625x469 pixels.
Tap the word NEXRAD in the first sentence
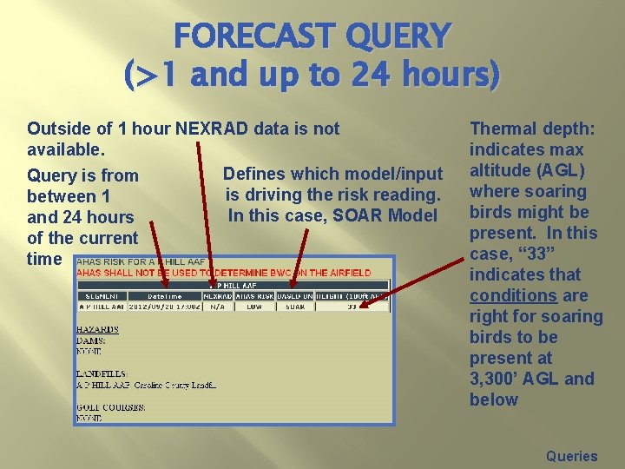[212, 129]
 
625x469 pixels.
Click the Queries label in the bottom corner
[571, 456]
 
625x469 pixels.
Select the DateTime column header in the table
[164, 295]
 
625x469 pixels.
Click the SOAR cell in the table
[295, 306]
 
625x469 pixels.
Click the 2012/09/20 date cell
[164, 306]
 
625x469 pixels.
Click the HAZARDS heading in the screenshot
[97, 330]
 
